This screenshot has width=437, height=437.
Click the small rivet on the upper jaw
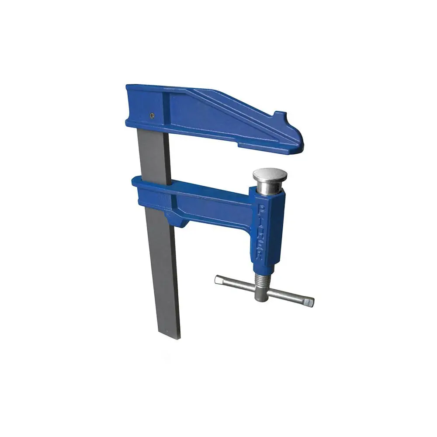click(x=151, y=115)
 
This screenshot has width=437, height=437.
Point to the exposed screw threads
click(x=263, y=280)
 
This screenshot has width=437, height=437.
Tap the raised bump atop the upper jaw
click(x=280, y=116)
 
